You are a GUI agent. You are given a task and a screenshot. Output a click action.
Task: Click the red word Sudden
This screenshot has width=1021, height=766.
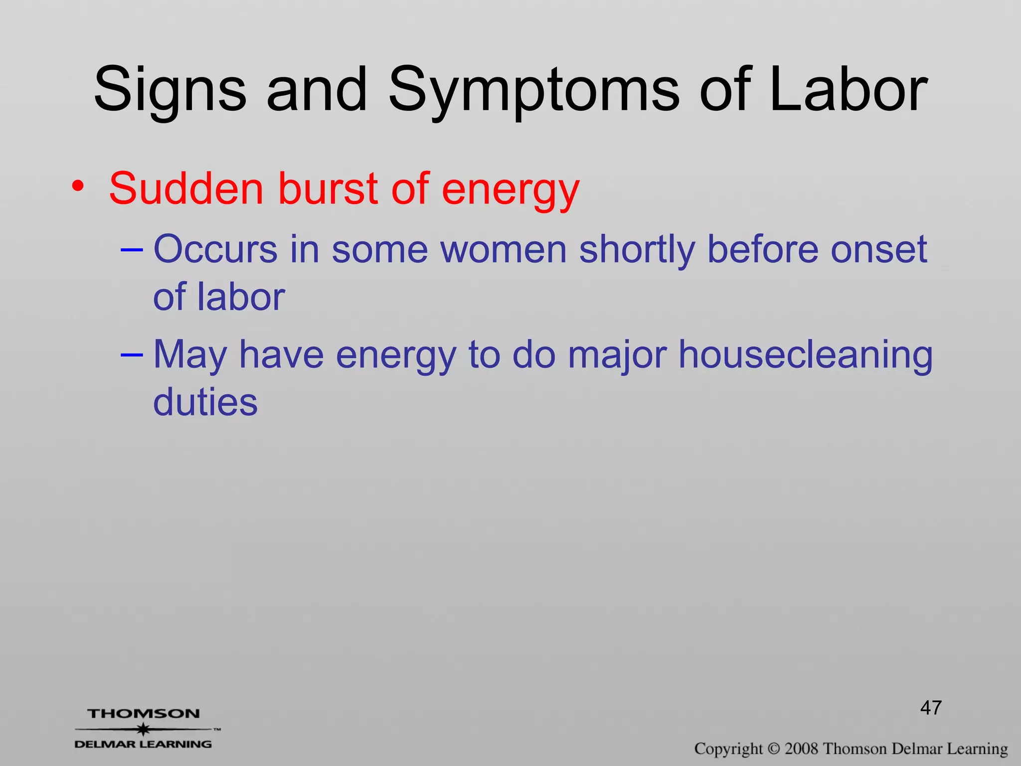click(186, 189)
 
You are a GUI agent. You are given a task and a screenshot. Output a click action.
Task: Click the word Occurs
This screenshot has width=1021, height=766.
click(215, 249)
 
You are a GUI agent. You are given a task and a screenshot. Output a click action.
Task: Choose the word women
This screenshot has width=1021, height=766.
click(504, 249)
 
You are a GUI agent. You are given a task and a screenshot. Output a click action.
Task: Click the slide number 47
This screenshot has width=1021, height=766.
click(931, 708)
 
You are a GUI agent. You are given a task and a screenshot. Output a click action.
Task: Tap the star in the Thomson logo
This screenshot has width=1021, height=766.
click(143, 730)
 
